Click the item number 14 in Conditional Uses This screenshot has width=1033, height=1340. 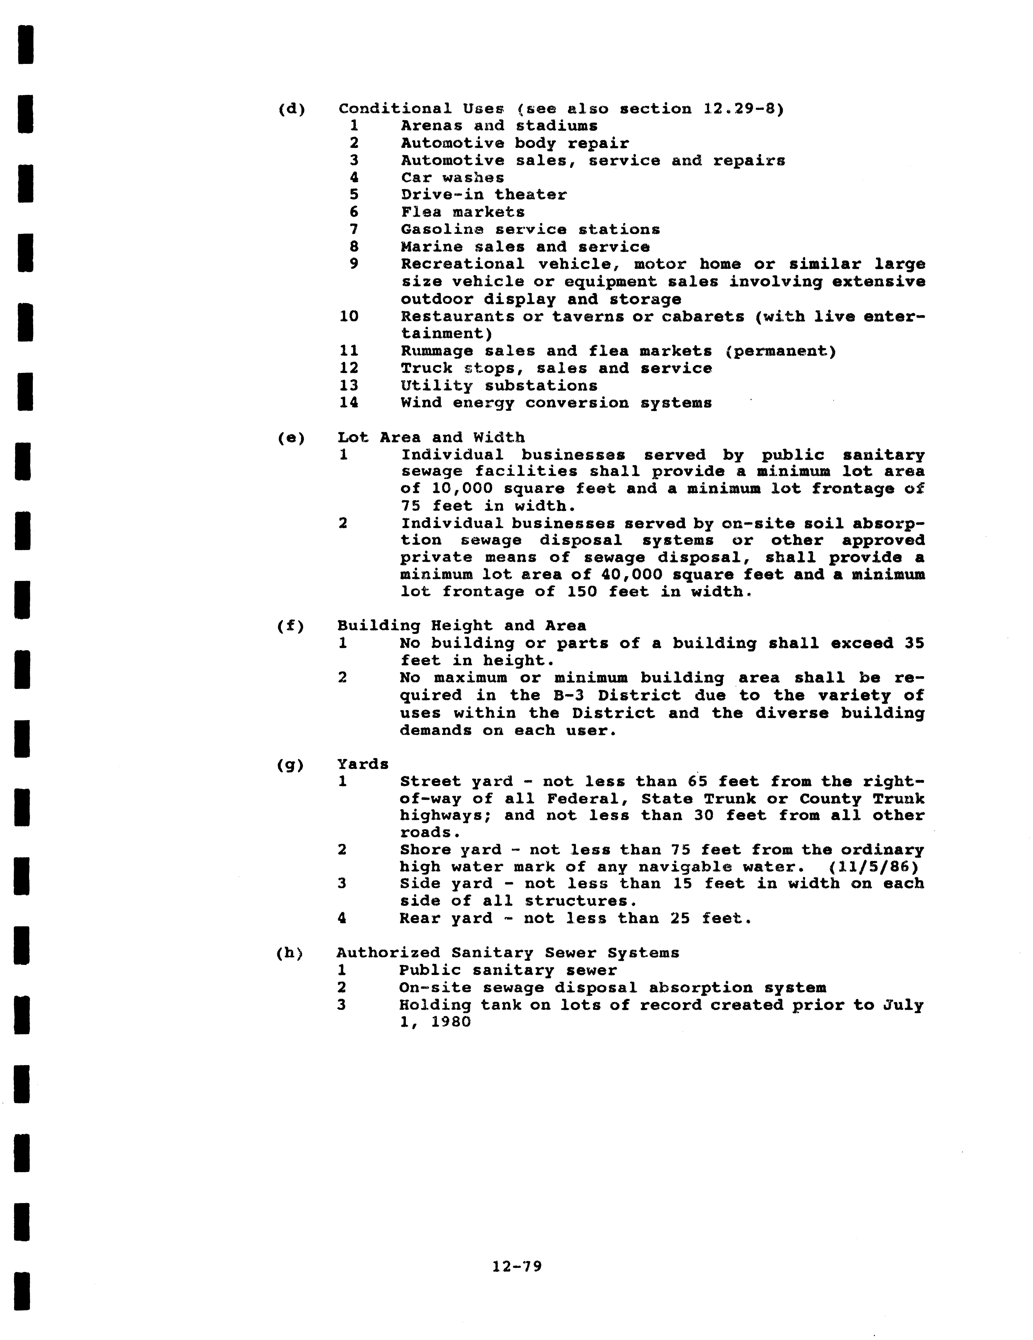[x=349, y=403]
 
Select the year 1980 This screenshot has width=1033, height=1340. [x=450, y=1022]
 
